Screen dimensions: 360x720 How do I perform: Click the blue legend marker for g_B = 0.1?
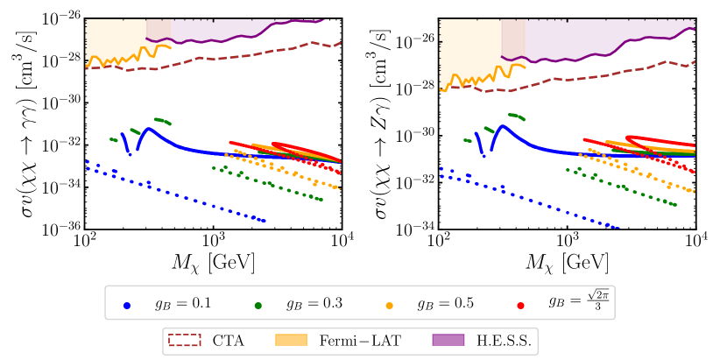128,306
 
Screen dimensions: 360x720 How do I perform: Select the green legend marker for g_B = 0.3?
260,306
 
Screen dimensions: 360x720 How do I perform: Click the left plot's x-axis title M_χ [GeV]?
213,261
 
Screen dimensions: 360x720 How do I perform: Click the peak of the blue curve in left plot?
148,129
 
